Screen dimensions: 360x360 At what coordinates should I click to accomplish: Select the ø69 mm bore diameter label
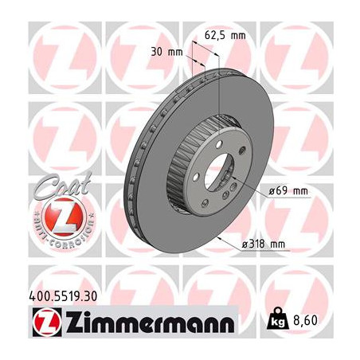(288, 190)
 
